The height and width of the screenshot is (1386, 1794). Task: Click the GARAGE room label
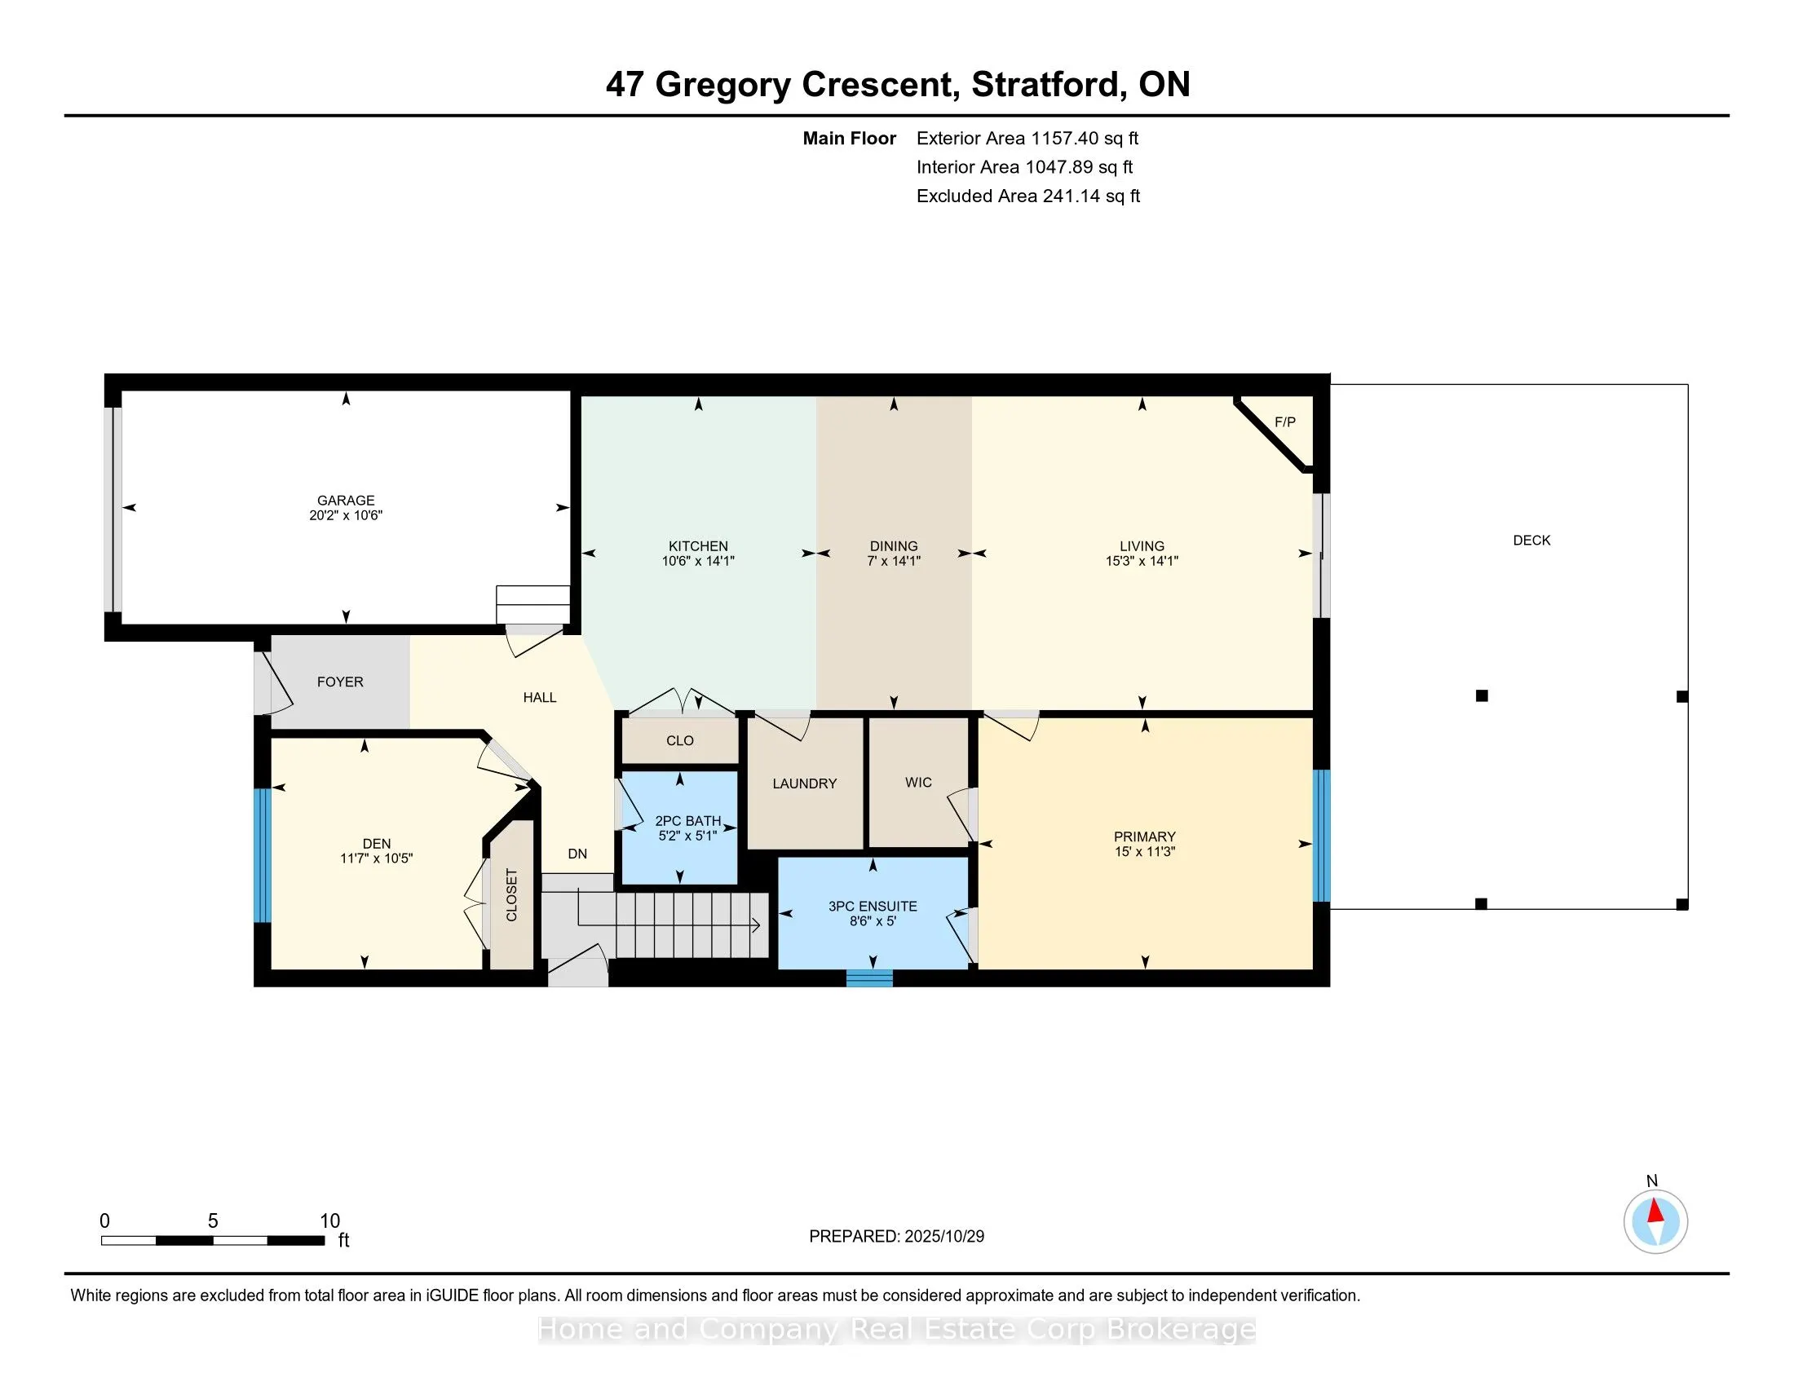(x=346, y=500)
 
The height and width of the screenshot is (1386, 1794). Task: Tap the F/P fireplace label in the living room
(x=1284, y=422)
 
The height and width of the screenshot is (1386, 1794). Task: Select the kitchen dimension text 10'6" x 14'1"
(x=697, y=562)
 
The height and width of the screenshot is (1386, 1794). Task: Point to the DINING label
(x=894, y=546)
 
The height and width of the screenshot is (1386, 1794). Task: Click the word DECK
(x=1531, y=541)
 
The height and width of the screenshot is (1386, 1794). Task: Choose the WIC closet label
(x=918, y=783)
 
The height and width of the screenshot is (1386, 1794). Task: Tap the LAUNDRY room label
(x=804, y=784)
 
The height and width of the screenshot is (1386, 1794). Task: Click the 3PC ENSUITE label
(x=873, y=907)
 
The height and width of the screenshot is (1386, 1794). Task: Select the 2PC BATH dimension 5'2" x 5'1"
(x=687, y=836)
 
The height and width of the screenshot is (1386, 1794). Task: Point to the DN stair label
(x=577, y=854)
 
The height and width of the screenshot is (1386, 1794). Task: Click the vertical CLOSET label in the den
(x=511, y=895)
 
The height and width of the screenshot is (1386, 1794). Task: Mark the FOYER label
(x=340, y=682)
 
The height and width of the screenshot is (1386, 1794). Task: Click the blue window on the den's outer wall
(x=261, y=854)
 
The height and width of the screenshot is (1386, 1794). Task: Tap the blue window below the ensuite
(x=869, y=978)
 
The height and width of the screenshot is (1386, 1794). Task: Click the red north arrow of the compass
(x=1655, y=1212)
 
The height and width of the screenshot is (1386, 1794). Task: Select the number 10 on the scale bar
(x=329, y=1221)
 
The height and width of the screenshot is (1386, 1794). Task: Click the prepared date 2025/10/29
(x=943, y=1237)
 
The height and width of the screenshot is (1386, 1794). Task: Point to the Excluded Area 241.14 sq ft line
(x=1027, y=196)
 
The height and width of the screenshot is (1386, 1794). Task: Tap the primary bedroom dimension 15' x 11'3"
(x=1144, y=852)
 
